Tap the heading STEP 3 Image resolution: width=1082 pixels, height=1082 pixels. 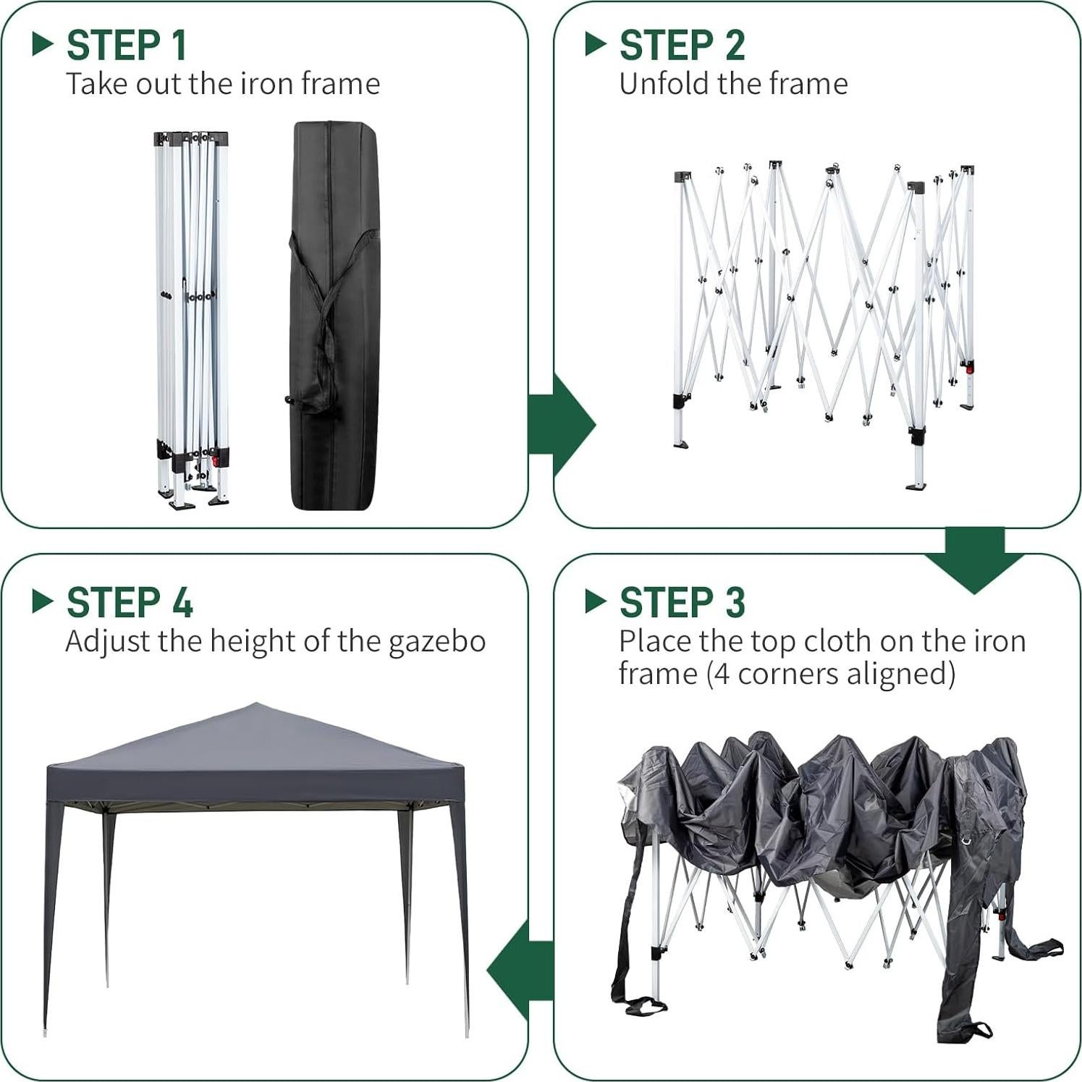click(682, 602)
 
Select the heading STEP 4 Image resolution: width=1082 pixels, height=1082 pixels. click(130, 602)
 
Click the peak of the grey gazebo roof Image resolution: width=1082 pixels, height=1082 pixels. click(255, 705)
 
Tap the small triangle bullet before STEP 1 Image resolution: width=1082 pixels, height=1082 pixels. click(43, 44)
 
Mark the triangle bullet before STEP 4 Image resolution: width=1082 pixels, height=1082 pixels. click(43, 601)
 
